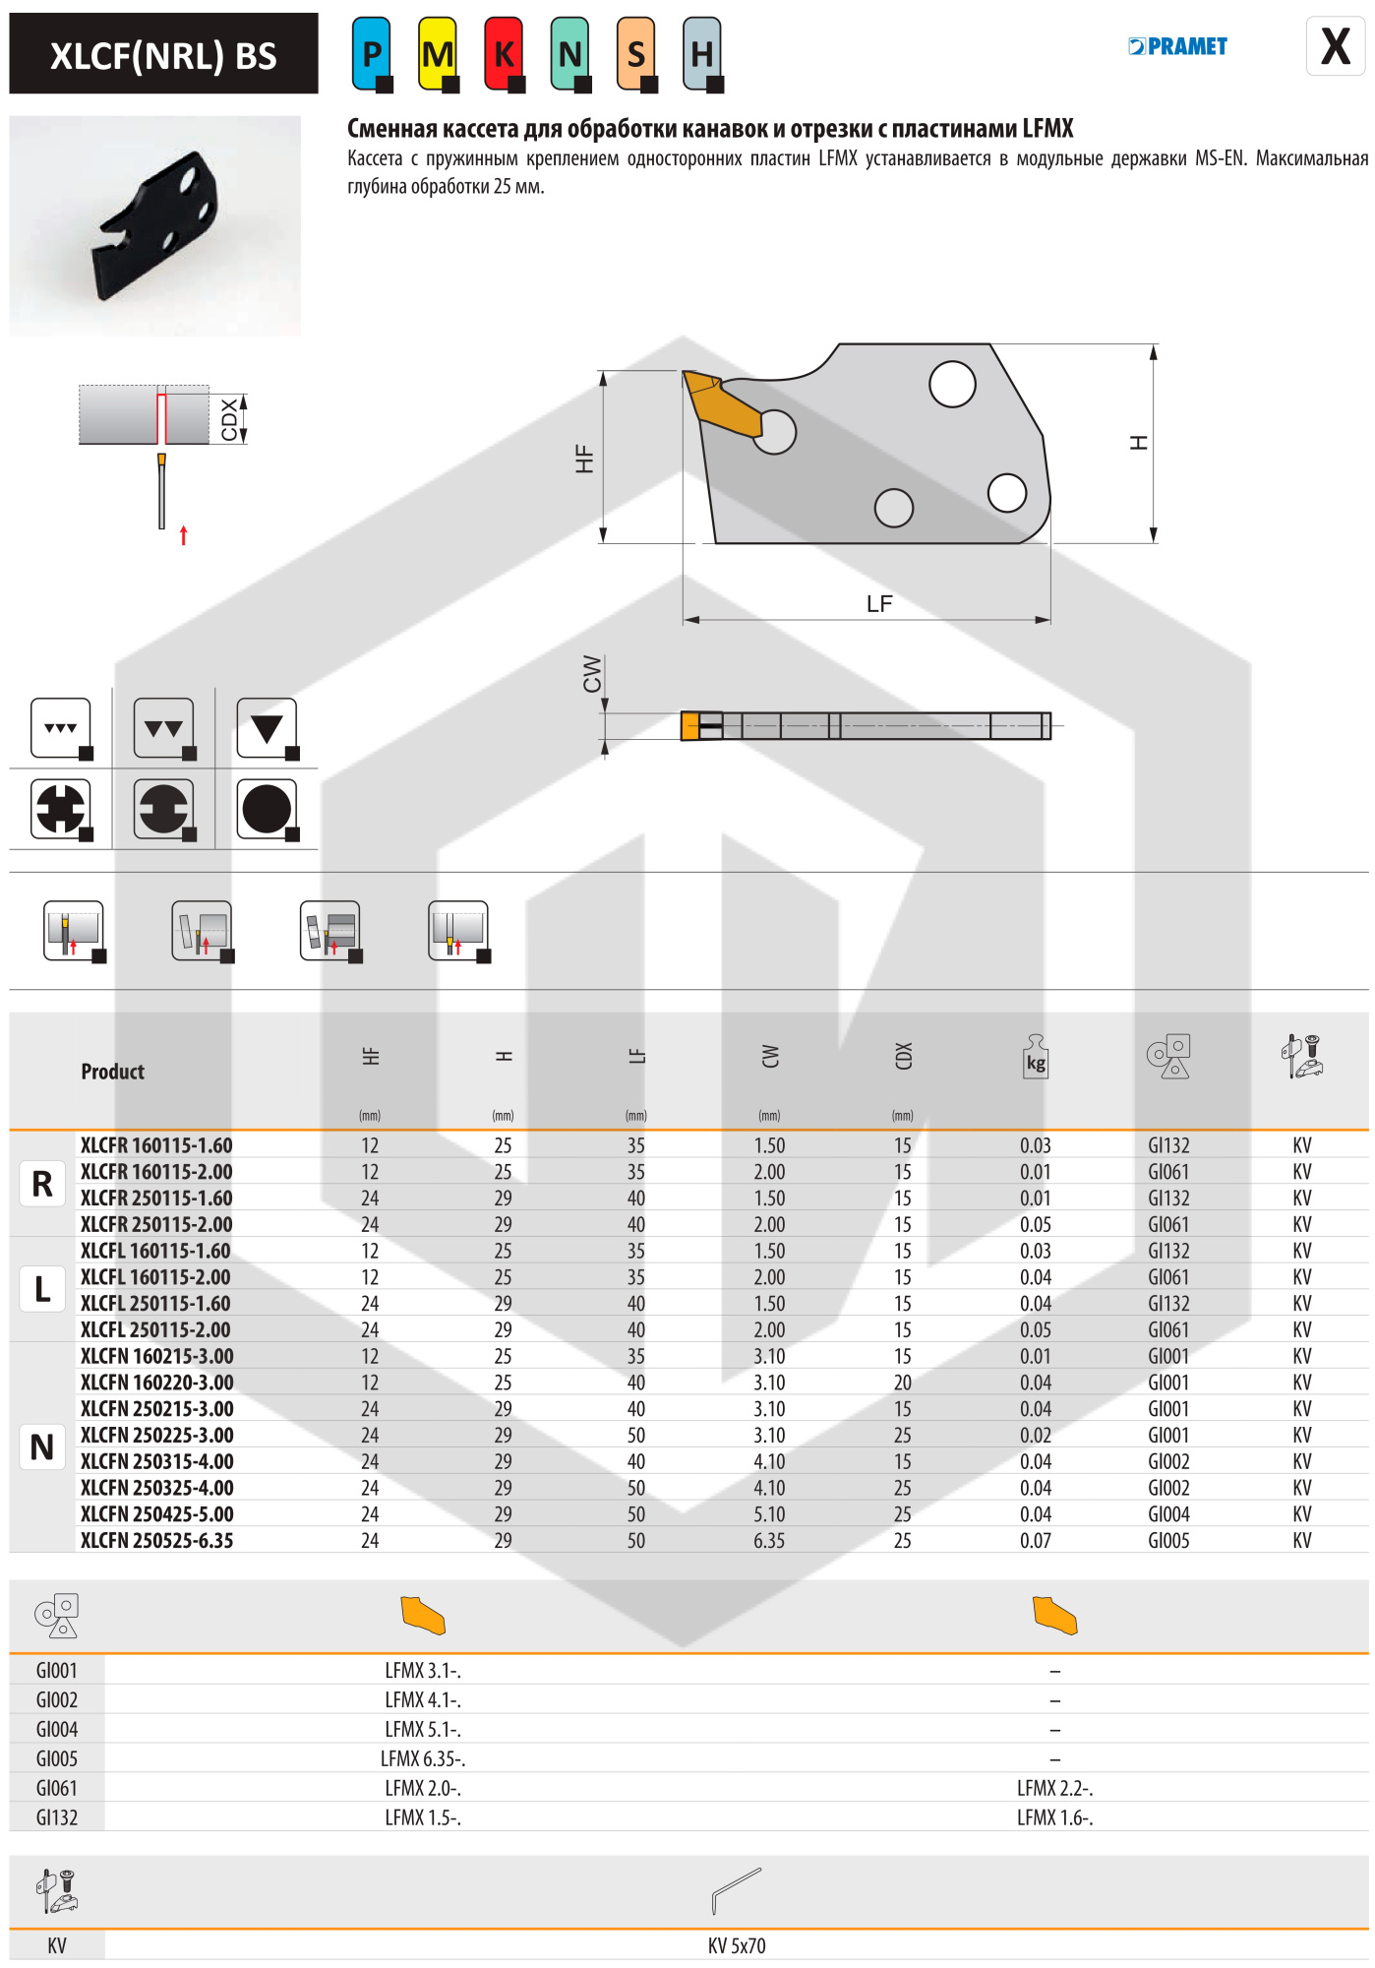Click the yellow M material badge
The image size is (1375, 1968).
point(438,54)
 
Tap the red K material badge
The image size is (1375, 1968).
point(504,54)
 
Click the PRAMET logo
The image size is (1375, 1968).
point(1177,46)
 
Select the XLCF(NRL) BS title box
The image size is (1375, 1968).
point(163,54)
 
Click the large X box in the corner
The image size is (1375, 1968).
point(1335,46)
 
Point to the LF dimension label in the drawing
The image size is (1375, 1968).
point(879,604)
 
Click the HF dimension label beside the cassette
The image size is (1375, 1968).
point(584,459)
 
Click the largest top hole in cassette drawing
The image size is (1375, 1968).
point(952,384)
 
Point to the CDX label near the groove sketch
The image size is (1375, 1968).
point(229,419)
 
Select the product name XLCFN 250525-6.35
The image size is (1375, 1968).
point(157,1541)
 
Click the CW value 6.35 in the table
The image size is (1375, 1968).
point(769,1541)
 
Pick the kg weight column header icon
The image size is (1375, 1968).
point(1035,1058)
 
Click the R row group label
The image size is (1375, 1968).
point(42,1185)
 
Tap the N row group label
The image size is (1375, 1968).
point(42,1447)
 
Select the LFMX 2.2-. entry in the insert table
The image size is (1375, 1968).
point(1054,1788)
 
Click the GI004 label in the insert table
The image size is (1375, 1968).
point(57,1729)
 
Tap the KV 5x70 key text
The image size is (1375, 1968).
point(737,1945)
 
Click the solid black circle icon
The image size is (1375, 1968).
point(267,809)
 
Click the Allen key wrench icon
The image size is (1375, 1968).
point(737,1890)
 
